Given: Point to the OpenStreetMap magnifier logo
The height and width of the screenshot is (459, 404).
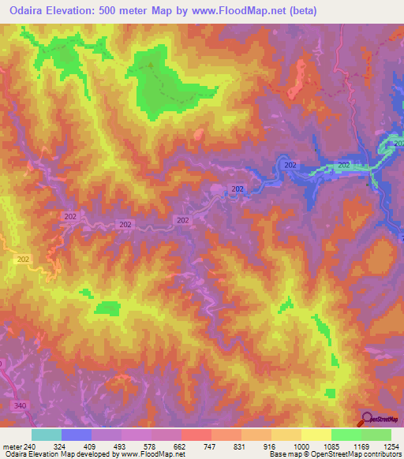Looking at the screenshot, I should tap(368, 419).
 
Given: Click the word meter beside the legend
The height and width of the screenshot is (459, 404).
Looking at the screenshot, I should tap(10, 446).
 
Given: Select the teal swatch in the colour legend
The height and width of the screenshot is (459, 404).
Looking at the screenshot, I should tap(47, 435).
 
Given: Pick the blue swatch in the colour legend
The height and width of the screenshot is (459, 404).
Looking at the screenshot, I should tap(77, 435).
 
